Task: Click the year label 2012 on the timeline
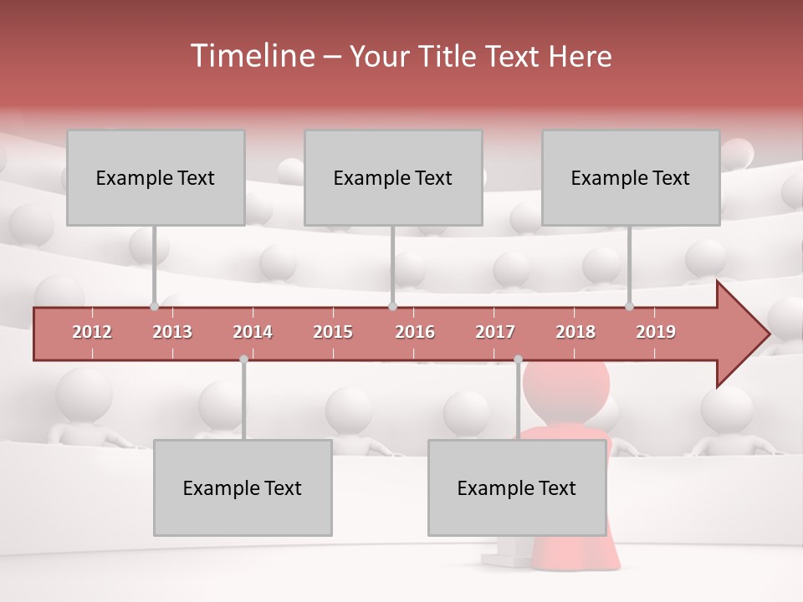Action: (x=92, y=332)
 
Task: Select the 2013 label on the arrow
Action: (x=172, y=332)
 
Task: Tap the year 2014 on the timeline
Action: (x=253, y=332)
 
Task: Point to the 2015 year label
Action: (x=333, y=332)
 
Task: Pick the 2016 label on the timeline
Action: (x=415, y=332)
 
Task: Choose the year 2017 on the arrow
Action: (x=495, y=332)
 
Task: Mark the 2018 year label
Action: (x=575, y=332)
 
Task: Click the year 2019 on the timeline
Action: (x=656, y=332)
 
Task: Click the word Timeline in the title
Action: (x=252, y=56)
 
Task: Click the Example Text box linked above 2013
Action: (x=156, y=177)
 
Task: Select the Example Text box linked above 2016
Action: (x=393, y=177)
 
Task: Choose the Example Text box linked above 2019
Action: (x=631, y=177)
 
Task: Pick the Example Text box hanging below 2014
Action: (x=243, y=487)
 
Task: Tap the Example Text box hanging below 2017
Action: (x=517, y=487)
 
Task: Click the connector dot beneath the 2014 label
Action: (x=243, y=359)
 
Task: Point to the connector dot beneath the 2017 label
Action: (x=518, y=359)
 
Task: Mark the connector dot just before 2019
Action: (x=630, y=306)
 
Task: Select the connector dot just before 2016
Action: (x=392, y=306)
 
